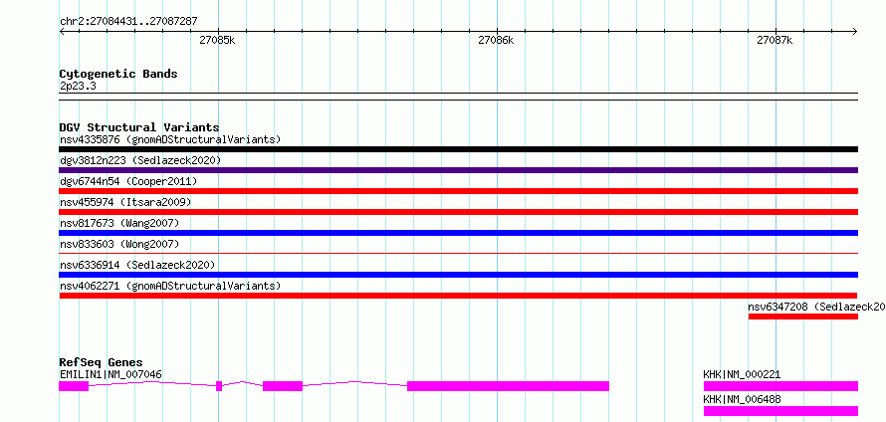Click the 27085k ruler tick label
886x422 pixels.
[218, 40]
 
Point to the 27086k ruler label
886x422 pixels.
[496, 40]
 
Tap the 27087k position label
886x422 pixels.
[775, 40]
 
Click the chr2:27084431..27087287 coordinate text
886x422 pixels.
[128, 22]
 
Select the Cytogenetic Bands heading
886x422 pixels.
[118, 74]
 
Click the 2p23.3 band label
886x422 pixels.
[79, 87]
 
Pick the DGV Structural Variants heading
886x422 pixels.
[139, 127]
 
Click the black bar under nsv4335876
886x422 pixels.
[458, 149]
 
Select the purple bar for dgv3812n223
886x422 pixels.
[458, 170]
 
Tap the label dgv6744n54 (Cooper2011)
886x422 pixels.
[128, 181]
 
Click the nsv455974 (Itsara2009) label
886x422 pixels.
[125, 202]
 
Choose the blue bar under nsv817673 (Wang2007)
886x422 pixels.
[458, 233]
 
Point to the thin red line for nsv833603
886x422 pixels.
[458, 254]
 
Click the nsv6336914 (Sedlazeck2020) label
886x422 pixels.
[137, 265]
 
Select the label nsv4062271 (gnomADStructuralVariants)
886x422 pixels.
[170, 286]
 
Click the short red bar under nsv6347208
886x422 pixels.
[803, 316]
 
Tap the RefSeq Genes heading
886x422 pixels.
[102, 362]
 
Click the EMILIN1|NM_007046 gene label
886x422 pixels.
[111, 374]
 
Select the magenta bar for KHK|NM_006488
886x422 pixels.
[780, 411]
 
